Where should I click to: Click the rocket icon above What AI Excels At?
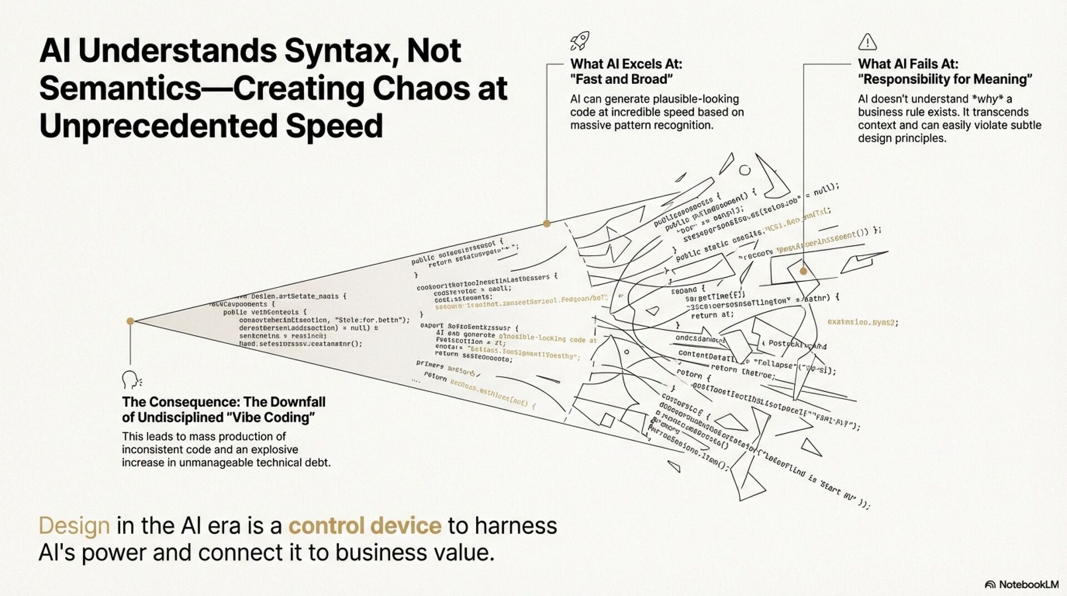[580, 41]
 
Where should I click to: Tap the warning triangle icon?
[867, 42]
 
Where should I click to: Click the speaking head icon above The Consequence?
[131, 380]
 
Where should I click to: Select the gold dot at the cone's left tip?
[130, 321]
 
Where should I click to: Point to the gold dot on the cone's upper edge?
[547, 223]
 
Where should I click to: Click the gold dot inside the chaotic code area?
[803, 271]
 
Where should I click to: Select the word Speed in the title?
[334, 126]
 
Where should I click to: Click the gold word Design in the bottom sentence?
[74, 525]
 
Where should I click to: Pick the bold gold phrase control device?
[365, 525]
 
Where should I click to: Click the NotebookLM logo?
[1021, 584]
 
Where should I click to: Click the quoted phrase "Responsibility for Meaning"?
[945, 79]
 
